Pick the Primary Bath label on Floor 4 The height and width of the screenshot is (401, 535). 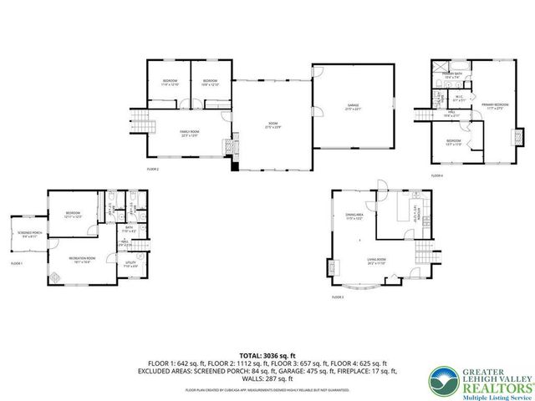coord(452,76)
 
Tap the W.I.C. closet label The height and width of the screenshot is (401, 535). coord(459,95)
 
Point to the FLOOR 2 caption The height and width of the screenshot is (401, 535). coord(153,169)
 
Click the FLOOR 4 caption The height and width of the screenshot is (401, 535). coord(436,175)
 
